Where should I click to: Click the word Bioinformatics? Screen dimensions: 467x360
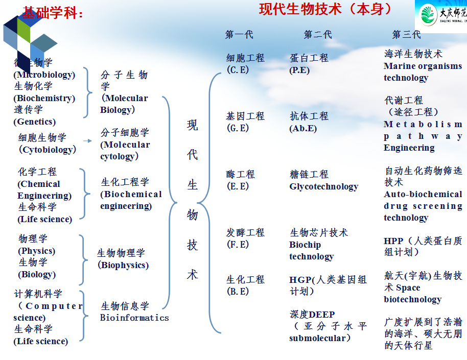(134, 318)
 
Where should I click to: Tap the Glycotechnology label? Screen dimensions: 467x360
(324, 186)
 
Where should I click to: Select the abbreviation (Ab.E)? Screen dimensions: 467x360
(303, 128)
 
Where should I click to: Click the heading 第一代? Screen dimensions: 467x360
(239, 35)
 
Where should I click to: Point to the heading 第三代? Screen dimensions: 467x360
(407, 35)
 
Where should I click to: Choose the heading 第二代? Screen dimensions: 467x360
(318, 35)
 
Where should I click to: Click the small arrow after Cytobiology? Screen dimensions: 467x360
(88, 140)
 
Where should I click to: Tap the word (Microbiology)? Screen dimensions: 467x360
(44, 75)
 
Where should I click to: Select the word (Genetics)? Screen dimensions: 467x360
(35, 122)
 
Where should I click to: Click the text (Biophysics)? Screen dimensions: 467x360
(123, 265)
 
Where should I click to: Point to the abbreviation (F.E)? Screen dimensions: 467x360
(238, 245)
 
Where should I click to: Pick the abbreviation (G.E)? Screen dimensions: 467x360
(238, 128)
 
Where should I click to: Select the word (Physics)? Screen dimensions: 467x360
(36, 251)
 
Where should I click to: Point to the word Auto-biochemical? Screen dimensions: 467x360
(423, 194)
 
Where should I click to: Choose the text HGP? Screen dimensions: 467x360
(300, 280)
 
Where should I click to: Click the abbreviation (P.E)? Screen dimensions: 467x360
(299, 70)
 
